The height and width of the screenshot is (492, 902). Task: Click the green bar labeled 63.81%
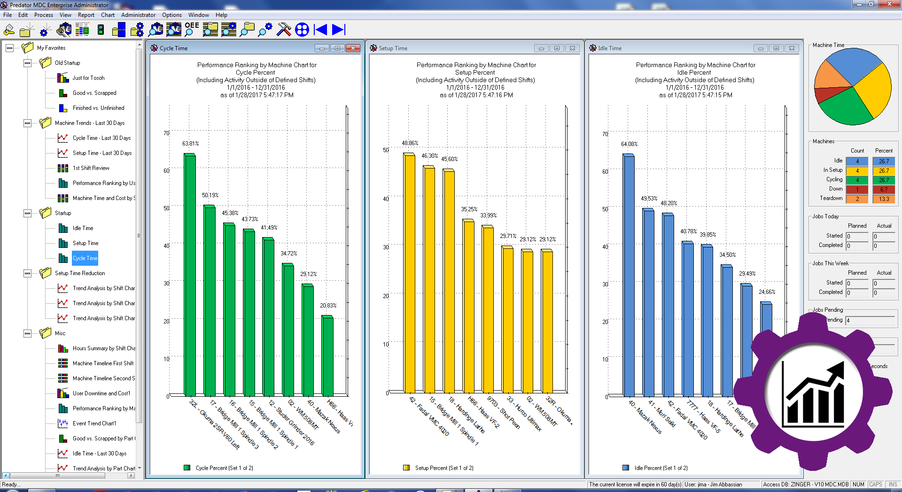[x=190, y=275]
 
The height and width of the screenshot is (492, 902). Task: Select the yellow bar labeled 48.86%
[x=409, y=272]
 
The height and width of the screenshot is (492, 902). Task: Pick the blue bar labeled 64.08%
[x=629, y=275]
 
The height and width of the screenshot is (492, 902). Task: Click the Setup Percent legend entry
[x=444, y=468]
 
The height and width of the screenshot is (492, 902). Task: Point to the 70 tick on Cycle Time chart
[x=166, y=133]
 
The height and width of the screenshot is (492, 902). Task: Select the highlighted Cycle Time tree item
[x=85, y=258]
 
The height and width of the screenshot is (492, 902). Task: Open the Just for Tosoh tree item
[x=88, y=78]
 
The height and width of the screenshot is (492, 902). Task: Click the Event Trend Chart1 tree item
[x=94, y=423]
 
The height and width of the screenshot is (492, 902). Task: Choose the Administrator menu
[x=138, y=15]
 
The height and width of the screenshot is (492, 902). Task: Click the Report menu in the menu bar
[x=86, y=15]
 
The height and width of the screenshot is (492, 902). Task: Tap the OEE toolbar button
[x=192, y=30]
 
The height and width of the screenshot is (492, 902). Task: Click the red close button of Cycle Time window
[x=353, y=48]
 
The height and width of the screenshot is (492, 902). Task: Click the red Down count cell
[x=857, y=190]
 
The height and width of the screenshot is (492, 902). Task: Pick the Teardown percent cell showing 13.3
[x=884, y=199]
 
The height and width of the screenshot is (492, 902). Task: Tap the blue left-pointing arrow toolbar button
[x=321, y=30]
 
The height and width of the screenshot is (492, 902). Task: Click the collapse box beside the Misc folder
[x=28, y=333]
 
